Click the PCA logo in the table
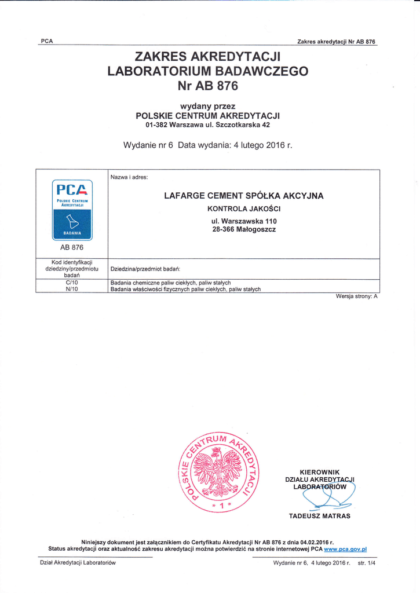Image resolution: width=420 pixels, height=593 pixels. pyautogui.click(x=72, y=210)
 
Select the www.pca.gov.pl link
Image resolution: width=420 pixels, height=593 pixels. pyautogui.click(x=345, y=549)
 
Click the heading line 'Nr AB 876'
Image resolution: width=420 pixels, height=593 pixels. pyautogui.click(x=208, y=86)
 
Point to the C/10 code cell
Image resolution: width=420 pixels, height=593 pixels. pyautogui.click(x=72, y=283)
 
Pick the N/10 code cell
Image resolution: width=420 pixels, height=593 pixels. pyautogui.click(x=72, y=289)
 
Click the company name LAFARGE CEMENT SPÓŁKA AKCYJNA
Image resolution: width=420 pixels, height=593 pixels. pyautogui.click(x=244, y=196)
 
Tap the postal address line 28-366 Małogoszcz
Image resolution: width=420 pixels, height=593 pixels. pyautogui.click(x=244, y=229)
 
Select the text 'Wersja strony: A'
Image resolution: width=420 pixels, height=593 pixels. pyautogui.click(x=356, y=296)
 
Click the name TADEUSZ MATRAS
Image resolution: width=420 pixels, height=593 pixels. pyautogui.click(x=320, y=516)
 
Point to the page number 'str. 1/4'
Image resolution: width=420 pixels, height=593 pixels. pyautogui.click(x=366, y=563)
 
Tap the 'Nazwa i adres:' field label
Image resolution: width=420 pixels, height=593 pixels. pyautogui.click(x=129, y=177)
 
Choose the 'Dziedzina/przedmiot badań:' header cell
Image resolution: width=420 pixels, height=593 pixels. pyautogui.click(x=145, y=269)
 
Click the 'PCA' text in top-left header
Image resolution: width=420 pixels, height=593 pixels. pyautogui.click(x=47, y=41)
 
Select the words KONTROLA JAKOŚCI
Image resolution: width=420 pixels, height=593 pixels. pyautogui.click(x=244, y=208)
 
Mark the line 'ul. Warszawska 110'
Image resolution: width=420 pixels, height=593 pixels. pyautogui.click(x=244, y=221)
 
